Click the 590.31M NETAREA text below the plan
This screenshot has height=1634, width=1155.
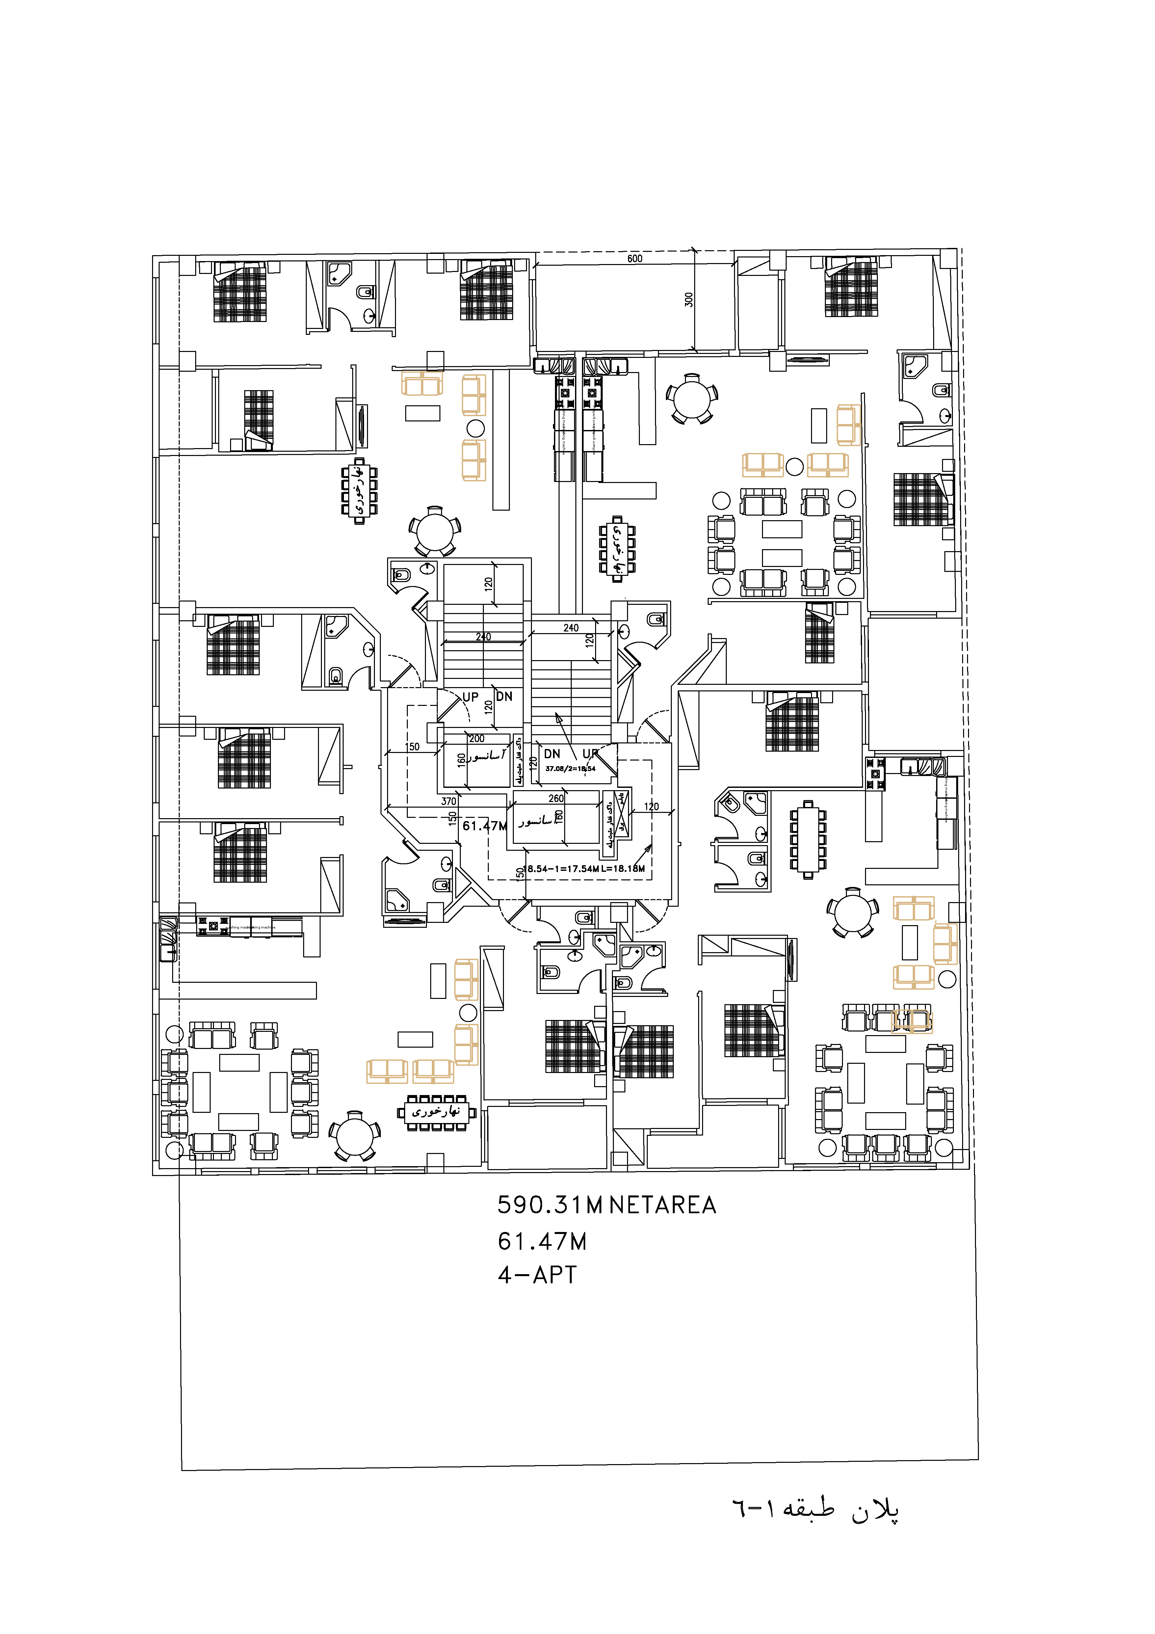(x=606, y=1205)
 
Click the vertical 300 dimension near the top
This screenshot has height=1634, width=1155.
(x=688, y=300)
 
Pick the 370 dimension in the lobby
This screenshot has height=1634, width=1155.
(x=448, y=801)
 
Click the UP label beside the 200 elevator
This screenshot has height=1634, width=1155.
(x=470, y=697)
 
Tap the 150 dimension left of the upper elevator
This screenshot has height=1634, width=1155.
(x=413, y=747)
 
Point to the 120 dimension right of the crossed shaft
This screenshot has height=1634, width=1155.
(x=651, y=806)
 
